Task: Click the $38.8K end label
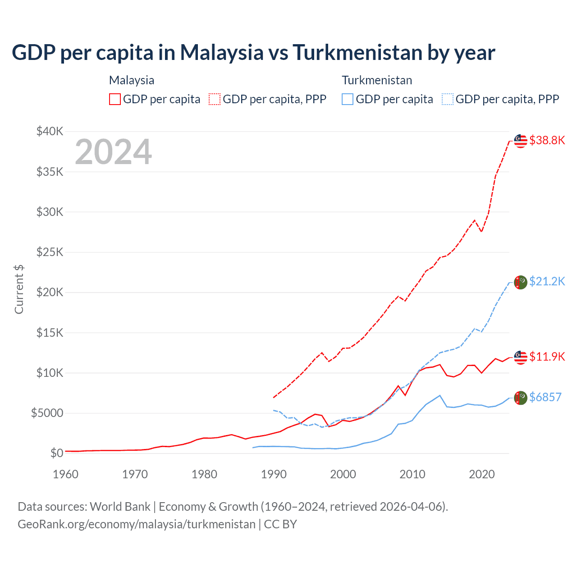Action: (x=547, y=140)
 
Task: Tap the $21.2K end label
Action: (x=547, y=281)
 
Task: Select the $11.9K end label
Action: (x=547, y=357)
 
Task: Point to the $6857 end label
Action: (x=545, y=397)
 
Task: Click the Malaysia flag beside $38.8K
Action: (x=521, y=141)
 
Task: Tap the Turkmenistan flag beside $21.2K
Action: (x=521, y=282)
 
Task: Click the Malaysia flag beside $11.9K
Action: (x=521, y=357)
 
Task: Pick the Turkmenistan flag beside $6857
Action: (x=521, y=398)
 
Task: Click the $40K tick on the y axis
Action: (x=50, y=132)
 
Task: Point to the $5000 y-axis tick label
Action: (x=47, y=413)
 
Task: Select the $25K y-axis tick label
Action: (x=50, y=252)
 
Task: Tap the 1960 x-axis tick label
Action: (x=65, y=474)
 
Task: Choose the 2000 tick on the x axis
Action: (x=343, y=474)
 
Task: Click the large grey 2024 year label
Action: (x=113, y=152)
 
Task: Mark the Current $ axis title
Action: (x=19, y=289)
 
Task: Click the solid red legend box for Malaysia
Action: (x=115, y=99)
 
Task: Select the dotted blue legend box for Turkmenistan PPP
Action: (x=448, y=99)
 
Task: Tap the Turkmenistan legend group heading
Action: (x=377, y=80)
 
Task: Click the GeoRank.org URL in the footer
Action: (x=137, y=524)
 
